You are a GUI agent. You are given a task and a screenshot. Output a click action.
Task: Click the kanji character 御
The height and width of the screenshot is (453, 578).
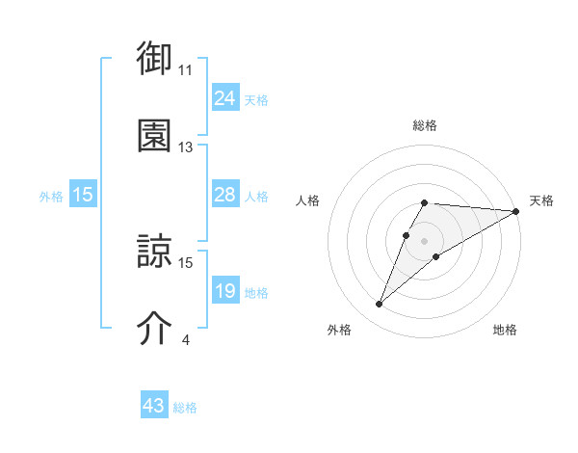pyautogui.click(x=154, y=60)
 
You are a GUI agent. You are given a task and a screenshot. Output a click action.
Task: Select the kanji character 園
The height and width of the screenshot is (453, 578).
pyautogui.click(x=154, y=137)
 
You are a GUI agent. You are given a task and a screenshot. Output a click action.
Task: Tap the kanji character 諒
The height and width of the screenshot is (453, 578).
pyautogui.click(x=154, y=253)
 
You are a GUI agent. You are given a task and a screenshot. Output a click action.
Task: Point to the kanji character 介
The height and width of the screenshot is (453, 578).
pyautogui.click(x=154, y=329)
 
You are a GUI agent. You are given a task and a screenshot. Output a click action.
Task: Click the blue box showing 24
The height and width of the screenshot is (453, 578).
pyautogui.click(x=225, y=98)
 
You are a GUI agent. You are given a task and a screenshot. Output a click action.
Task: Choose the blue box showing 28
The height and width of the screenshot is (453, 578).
pyautogui.click(x=225, y=195)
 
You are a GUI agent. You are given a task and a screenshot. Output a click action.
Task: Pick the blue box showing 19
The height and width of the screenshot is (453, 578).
pyautogui.click(x=225, y=291)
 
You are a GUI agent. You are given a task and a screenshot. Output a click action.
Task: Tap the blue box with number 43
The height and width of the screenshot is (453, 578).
pyautogui.click(x=154, y=406)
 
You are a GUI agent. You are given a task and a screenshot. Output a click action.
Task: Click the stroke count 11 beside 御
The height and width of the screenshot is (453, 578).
pyautogui.click(x=186, y=70)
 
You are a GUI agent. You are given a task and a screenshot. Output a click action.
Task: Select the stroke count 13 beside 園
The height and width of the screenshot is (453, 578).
pyautogui.click(x=186, y=147)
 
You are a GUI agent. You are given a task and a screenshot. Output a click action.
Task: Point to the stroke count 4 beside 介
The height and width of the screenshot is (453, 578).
pyautogui.click(x=185, y=339)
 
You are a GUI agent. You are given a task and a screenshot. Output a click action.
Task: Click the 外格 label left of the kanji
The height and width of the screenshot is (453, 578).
pyautogui.click(x=51, y=196)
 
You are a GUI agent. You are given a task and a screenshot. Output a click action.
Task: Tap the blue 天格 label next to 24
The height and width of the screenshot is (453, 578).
pyautogui.click(x=256, y=99)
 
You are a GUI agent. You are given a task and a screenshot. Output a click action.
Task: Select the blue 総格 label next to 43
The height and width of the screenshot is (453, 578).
pyautogui.click(x=185, y=407)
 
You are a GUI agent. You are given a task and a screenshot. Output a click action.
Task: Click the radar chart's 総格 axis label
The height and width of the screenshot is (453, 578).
pyautogui.click(x=425, y=125)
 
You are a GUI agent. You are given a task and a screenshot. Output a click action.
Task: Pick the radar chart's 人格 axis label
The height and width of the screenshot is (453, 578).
pyautogui.click(x=308, y=200)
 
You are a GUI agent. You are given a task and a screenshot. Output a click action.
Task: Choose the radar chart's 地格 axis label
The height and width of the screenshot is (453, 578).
pyautogui.click(x=505, y=330)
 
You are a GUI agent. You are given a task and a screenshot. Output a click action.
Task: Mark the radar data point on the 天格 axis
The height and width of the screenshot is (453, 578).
pyautogui.click(x=516, y=211)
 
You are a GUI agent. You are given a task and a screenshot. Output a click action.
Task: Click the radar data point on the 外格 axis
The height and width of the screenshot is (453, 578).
pyautogui.click(x=379, y=305)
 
